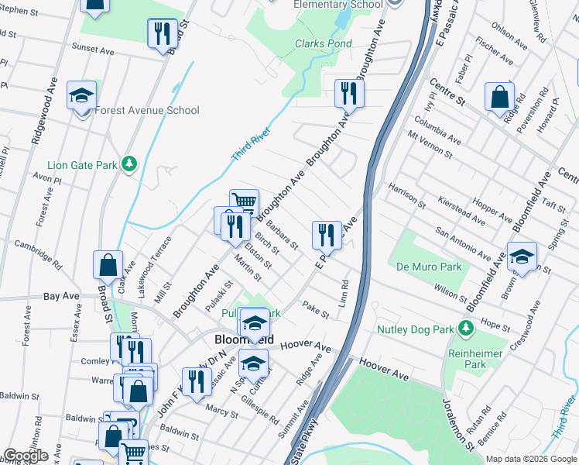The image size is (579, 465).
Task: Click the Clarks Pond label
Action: coord(323,44)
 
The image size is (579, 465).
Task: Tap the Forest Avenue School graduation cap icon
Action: coord(81,95)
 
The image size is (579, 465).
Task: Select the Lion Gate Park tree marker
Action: coord(130,163)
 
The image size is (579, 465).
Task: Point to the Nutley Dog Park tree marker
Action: coord(466,329)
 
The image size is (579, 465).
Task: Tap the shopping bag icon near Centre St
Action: coord(499,97)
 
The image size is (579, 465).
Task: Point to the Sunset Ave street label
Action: coord(93,49)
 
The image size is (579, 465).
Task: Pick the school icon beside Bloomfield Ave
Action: coord(522,257)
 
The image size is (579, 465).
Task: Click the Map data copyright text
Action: coord(531,459)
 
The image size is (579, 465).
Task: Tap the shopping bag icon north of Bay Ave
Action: coord(108,265)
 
